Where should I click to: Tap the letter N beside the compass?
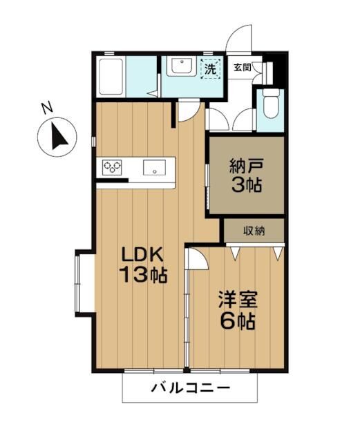coord(46,108)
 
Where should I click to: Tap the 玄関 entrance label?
coord(242,68)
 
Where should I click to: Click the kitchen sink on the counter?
coord(153,167)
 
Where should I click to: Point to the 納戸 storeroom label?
coord(247,166)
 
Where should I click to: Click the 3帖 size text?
coord(247,185)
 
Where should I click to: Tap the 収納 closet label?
coord(254,231)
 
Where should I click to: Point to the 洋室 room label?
coord(238,300)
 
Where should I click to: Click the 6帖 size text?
coord(238,321)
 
